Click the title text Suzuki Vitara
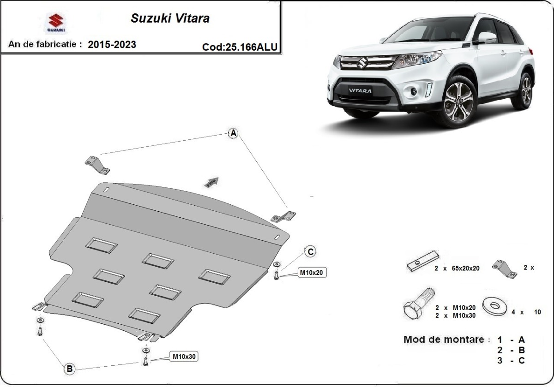tap(170, 18)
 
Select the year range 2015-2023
tap(112, 45)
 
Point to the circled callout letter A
tap(234, 133)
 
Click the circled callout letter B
tap(69, 369)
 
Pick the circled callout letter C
tap(311, 251)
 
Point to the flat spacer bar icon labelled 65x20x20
tap(422, 262)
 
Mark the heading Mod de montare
tap(446, 340)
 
